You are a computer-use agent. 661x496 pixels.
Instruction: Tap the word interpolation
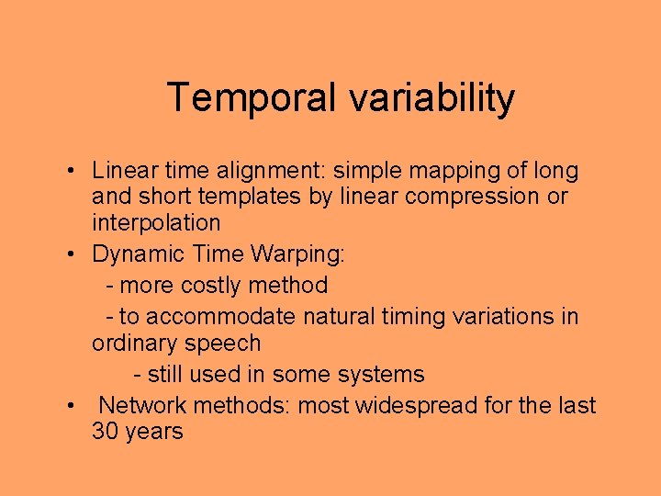click(156, 223)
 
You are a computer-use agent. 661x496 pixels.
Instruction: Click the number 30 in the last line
click(105, 432)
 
